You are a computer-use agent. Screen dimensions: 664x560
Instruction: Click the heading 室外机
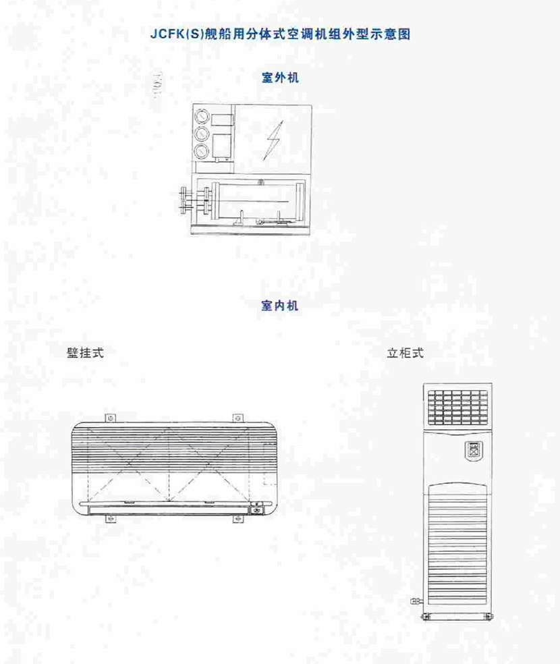tap(280, 78)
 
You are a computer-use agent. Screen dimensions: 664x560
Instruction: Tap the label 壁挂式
tap(85, 352)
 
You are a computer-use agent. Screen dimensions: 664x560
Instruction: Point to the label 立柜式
tap(405, 353)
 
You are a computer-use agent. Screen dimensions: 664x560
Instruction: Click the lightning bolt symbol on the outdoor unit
tap(273, 138)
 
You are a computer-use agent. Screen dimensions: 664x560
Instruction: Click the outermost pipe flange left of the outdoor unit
tap(183, 200)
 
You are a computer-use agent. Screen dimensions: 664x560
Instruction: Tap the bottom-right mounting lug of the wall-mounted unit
tap(237, 518)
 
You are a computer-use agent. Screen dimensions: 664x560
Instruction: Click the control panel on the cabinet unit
tap(472, 450)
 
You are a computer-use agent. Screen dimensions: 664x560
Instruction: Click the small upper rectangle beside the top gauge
tap(221, 120)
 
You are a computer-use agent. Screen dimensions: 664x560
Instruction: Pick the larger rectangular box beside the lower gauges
tap(222, 144)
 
